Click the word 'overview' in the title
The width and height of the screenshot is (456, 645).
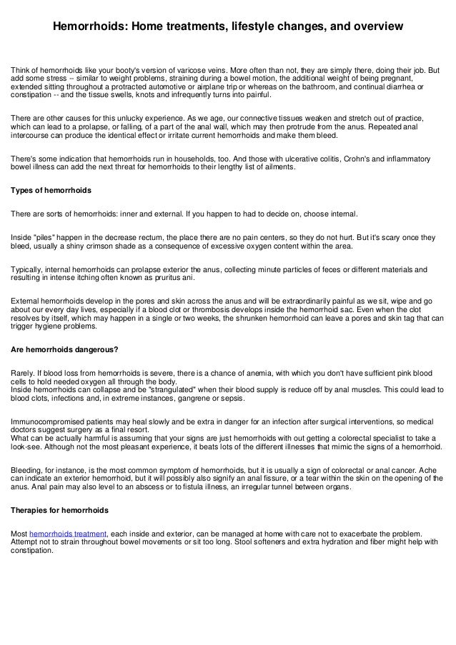coord(374,27)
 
